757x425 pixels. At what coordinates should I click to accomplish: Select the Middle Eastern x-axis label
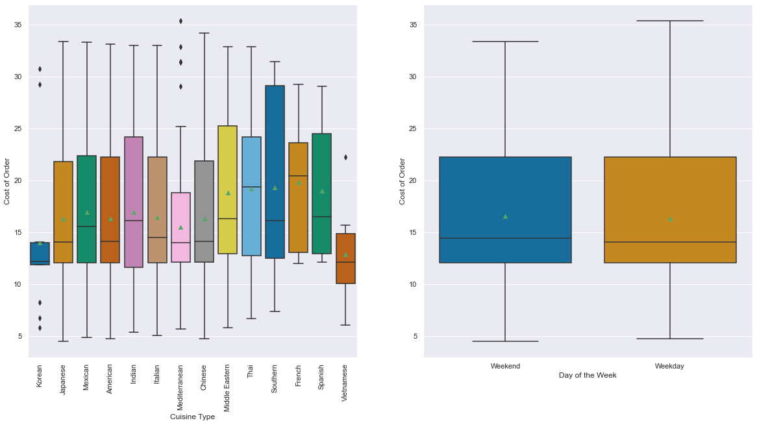[x=228, y=388]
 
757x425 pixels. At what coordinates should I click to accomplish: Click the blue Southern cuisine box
[x=275, y=172]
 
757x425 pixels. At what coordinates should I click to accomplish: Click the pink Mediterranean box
[x=180, y=227]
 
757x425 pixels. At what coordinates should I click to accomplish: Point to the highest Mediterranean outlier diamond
[x=180, y=21]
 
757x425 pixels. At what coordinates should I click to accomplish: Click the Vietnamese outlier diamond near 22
[x=345, y=157]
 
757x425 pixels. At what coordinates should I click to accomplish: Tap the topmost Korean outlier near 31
[x=40, y=69]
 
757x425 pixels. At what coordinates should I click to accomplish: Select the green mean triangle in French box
[x=299, y=183]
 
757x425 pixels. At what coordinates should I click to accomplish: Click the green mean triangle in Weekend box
[x=505, y=216]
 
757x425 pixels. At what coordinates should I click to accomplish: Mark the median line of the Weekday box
[x=670, y=242]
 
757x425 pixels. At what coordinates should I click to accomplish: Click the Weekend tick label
[x=505, y=366]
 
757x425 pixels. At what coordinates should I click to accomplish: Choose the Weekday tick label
[x=669, y=366]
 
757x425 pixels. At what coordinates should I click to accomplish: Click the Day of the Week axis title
[x=587, y=376]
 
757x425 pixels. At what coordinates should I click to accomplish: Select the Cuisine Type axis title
[x=192, y=417]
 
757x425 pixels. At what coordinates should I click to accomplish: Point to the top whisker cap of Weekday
[x=670, y=21]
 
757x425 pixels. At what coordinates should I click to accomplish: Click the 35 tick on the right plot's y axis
[x=413, y=25]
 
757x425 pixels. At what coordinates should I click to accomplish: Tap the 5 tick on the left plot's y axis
[x=19, y=336]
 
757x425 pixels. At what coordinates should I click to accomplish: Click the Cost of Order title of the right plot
[x=403, y=181]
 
